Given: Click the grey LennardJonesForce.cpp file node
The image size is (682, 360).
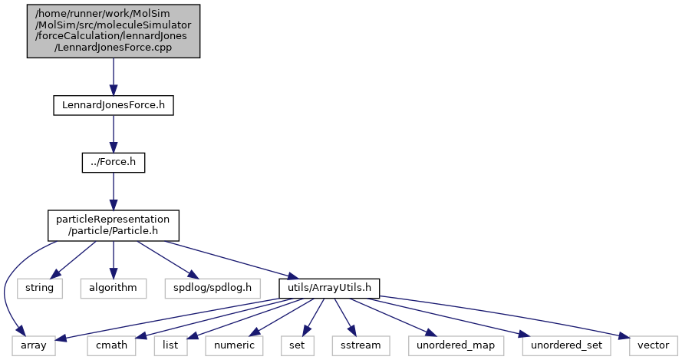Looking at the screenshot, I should tap(114, 31).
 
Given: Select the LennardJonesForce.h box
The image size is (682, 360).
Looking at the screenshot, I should tap(114, 105).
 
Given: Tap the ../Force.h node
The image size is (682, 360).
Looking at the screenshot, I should tap(114, 163).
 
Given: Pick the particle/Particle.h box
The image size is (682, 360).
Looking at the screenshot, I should tap(114, 225).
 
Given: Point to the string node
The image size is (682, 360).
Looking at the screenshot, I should tap(39, 288).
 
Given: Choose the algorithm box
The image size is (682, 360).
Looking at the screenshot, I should tap(114, 288).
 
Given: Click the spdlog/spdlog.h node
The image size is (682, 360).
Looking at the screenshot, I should tap(213, 288).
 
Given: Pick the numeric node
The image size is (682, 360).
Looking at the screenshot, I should tap(233, 345).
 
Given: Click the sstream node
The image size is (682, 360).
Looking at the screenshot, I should tap(355, 345).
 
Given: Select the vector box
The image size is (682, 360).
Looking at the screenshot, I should tap(653, 345).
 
